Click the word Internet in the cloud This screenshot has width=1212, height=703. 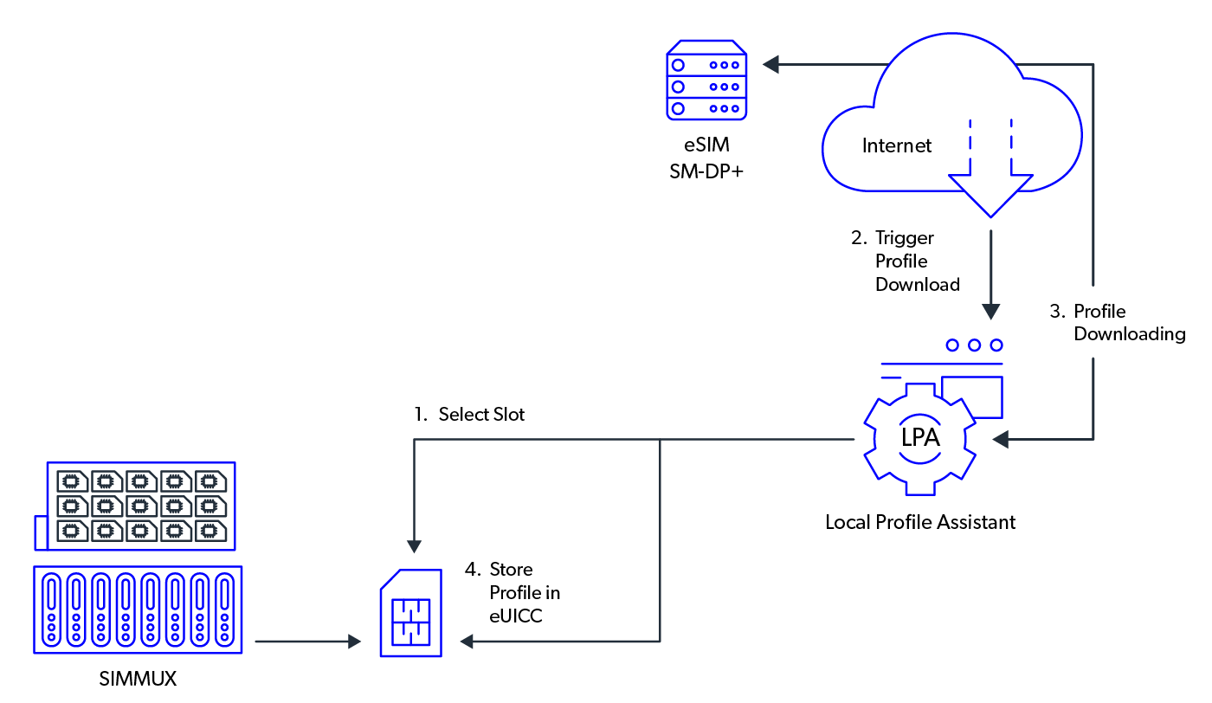click(897, 145)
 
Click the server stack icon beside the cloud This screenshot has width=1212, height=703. click(706, 80)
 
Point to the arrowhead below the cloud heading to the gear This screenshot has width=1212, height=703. click(991, 312)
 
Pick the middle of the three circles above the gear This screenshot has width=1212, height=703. click(975, 345)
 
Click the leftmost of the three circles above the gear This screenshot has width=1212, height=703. click(952, 345)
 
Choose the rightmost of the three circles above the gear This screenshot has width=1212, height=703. click(997, 345)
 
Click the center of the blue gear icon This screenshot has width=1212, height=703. click(919, 440)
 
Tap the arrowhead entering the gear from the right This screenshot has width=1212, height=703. click(1001, 440)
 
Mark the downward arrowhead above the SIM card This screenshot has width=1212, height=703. click(414, 546)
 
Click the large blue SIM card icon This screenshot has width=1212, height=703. click(411, 613)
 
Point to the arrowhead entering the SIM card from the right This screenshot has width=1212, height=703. click(467, 642)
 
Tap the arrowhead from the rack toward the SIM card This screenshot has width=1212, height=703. click(353, 642)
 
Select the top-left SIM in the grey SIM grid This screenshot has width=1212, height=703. click(72, 481)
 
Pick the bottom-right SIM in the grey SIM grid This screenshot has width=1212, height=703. click(210, 530)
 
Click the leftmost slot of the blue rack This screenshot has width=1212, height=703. click(52, 609)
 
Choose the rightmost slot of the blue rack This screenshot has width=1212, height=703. click(224, 609)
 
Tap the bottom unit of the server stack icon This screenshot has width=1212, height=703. click(706, 108)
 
